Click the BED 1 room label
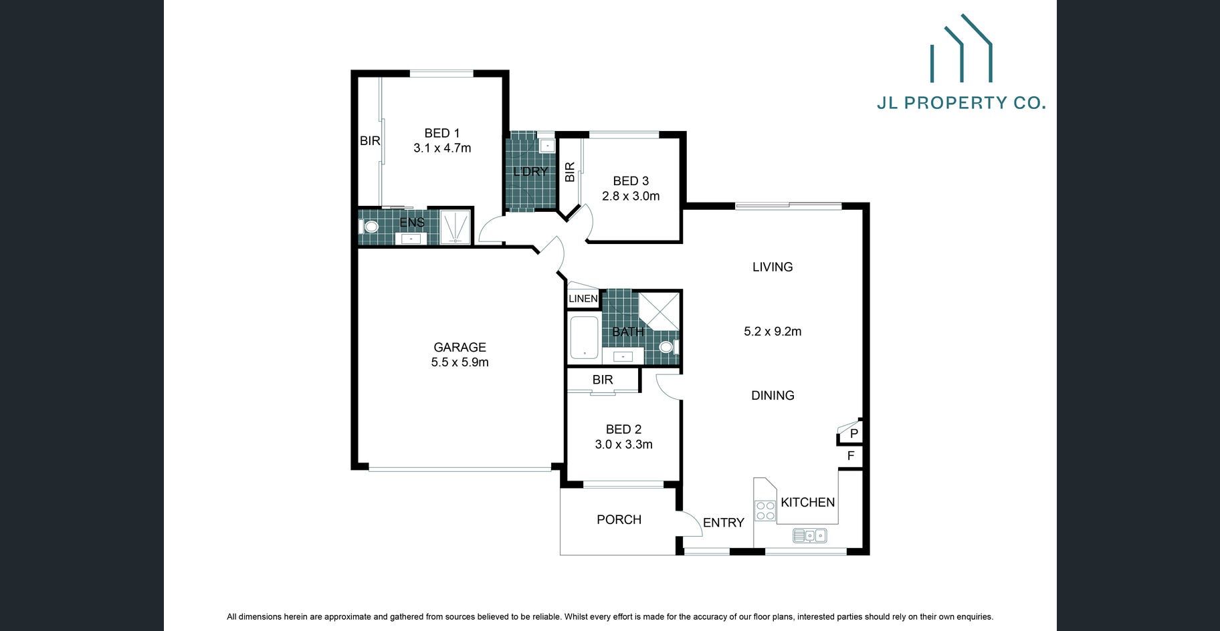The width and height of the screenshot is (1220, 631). click(442, 133)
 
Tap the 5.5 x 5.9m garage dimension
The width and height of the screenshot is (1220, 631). click(460, 362)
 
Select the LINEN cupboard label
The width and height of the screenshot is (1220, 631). click(583, 299)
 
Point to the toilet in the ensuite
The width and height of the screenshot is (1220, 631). click(370, 227)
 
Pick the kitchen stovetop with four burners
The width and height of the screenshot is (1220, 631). click(765, 511)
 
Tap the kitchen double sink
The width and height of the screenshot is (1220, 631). click(809, 535)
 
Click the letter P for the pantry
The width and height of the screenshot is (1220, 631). click(854, 434)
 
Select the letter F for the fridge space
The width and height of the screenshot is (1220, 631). click(851, 456)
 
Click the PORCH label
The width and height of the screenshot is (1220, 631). click(619, 519)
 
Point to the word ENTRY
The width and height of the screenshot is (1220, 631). click(723, 523)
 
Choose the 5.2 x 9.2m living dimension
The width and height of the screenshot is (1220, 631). click(773, 331)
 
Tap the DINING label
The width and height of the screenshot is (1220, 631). click(773, 395)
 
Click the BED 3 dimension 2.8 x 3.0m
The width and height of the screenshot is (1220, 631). click(631, 196)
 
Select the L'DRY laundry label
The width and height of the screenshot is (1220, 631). click(530, 171)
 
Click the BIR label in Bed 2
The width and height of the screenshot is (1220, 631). click(603, 380)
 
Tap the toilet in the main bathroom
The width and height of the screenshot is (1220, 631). click(667, 347)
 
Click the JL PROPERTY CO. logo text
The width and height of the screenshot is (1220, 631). click(961, 102)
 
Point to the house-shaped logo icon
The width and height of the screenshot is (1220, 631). click(961, 48)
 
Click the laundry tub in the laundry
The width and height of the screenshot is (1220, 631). click(546, 145)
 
